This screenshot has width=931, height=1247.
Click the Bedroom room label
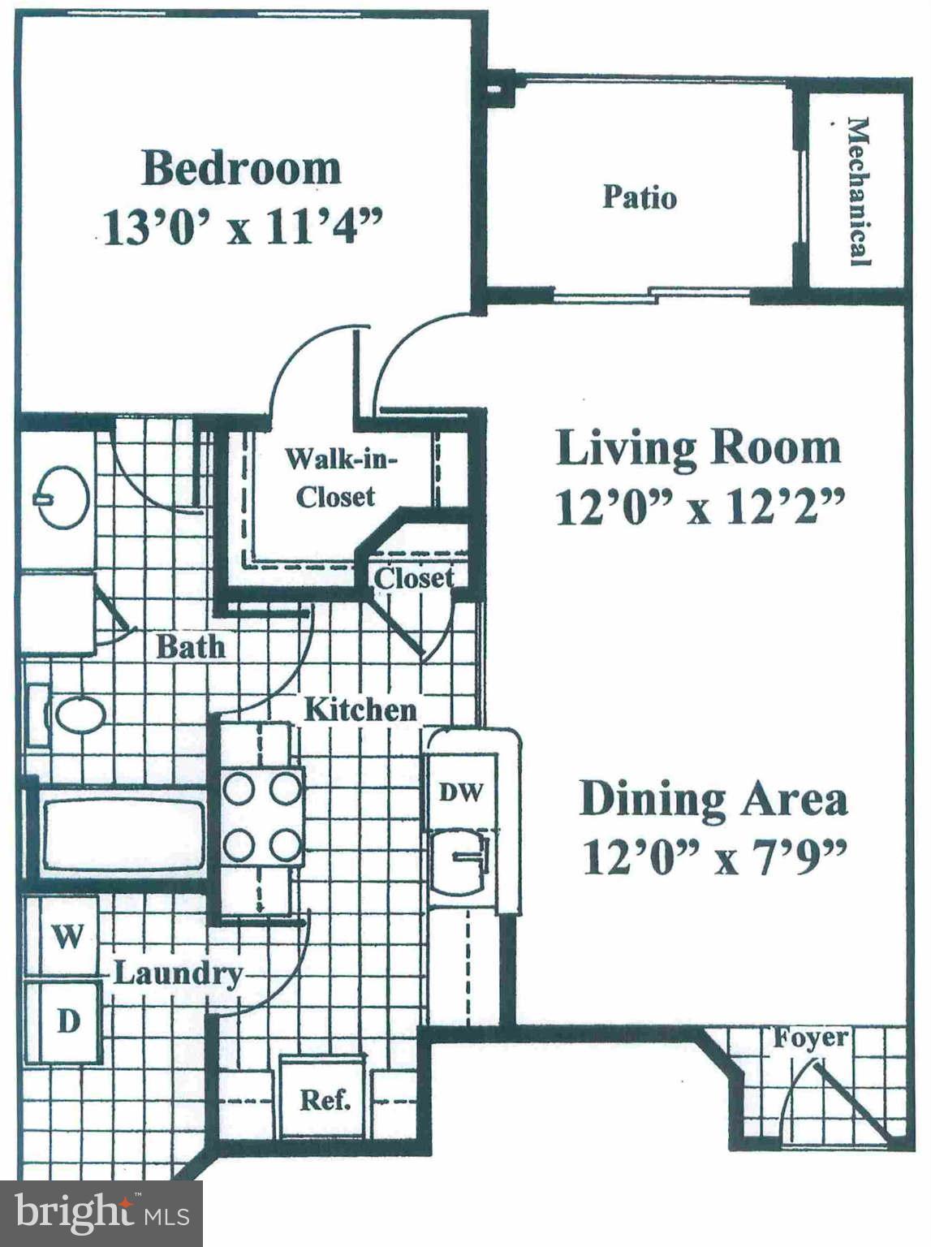pos(241,168)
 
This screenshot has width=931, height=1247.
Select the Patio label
pos(639,197)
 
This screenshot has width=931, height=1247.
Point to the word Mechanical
pos(858,192)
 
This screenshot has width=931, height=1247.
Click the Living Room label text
pos(698,448)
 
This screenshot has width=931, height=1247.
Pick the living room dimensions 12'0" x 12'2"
pos(700,508)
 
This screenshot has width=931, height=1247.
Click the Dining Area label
pos(713,799)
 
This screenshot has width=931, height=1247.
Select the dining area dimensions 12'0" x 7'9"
pos(714,857)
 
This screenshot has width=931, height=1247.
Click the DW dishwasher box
pos(461,792)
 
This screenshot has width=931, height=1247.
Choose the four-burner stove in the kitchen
pos(262,816)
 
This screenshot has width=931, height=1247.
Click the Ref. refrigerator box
pos(325,1099)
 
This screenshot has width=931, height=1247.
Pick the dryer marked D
pos(67,1021)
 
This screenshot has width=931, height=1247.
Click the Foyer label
pos(810,1038)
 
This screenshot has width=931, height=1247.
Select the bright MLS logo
pos(101,1214)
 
